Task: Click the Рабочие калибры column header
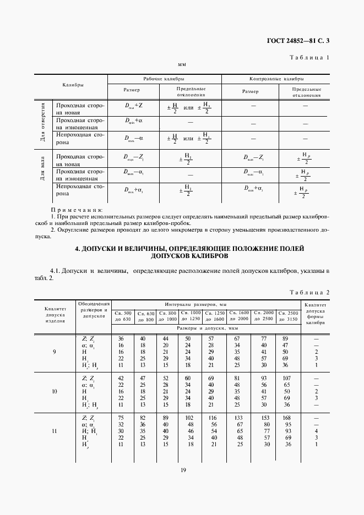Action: coord(164,79)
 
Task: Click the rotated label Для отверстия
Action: coord(42,122)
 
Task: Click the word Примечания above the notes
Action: coord(77,210)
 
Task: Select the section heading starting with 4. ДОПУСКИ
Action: coord(189,253)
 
